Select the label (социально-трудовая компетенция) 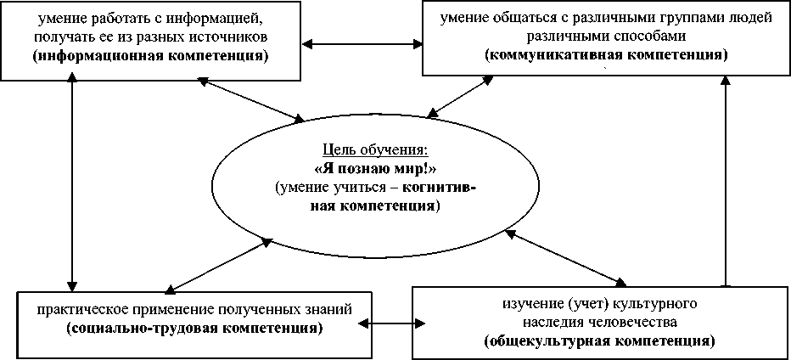coord(193,327)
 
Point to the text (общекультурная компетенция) coord(598,341)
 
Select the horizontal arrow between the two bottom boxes coord(385,323)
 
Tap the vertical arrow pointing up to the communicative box coord(726,178)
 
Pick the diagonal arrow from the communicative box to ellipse coord(459,96)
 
